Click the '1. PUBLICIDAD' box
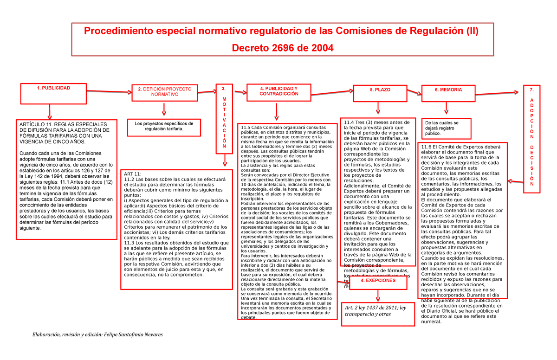point(53,93)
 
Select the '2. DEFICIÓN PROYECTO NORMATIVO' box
point(164,91)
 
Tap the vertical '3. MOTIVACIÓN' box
point(224,118)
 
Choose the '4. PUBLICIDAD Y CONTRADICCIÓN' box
point(279,91)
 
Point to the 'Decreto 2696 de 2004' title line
point(283,48)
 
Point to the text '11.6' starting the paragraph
point(427,148)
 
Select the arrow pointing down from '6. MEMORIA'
point(446,108)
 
